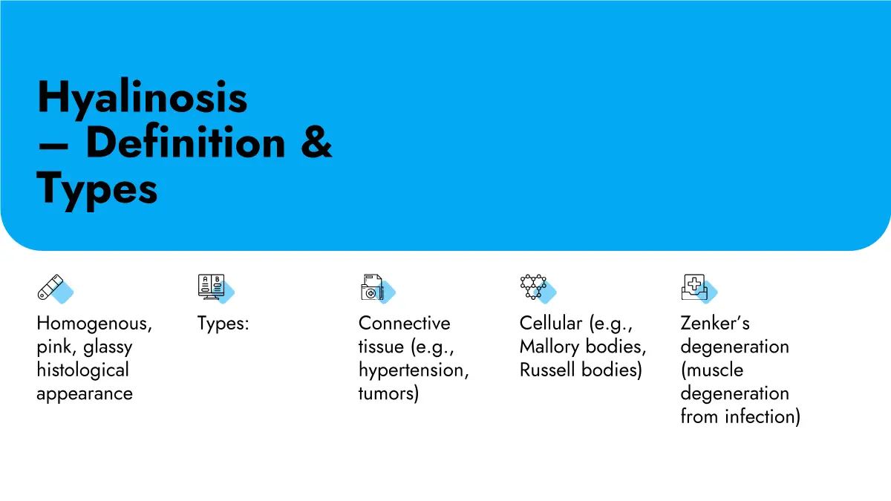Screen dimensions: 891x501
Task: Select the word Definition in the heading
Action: pos(186,142)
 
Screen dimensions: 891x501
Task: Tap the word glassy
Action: pos(108,347)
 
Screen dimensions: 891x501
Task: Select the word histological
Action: pos(82,370)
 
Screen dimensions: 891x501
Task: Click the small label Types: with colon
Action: pos(223,324)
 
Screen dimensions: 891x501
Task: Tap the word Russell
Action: pos(547,370)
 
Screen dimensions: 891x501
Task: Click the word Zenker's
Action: pos(715,324)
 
